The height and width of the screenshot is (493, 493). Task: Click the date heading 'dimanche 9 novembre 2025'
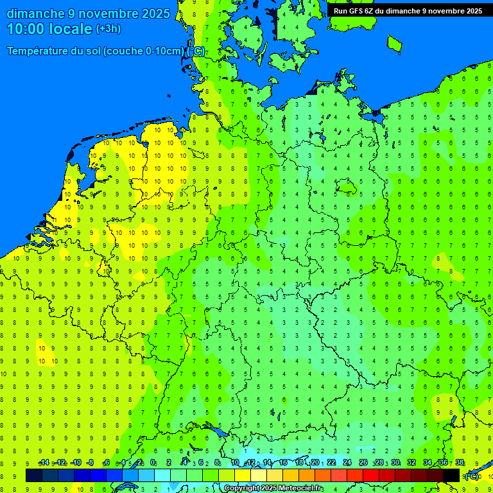[x=88, y=13]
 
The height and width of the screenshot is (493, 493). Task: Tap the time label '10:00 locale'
[x=49, y=29]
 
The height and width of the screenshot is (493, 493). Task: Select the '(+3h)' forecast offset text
[x=108, y=29]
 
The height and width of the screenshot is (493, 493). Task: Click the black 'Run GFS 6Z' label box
[x=408, y=10]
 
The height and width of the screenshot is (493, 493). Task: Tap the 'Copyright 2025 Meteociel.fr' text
[x=273, y=489]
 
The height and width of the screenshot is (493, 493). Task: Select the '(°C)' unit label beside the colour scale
[x=472, y=476]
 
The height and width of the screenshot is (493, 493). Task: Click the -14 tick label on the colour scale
[x=44, y=463]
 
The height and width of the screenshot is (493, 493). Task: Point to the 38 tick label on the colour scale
[x=460, y=463]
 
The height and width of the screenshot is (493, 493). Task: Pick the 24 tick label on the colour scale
[x=347, y=463]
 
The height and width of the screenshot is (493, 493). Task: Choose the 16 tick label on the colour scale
[x=283, y=463]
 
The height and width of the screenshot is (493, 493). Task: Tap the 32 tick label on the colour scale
[x=411, y=463]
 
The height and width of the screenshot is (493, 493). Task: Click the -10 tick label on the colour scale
[x=76, y=463]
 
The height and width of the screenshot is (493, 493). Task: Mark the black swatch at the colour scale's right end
[x=451, y=475]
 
